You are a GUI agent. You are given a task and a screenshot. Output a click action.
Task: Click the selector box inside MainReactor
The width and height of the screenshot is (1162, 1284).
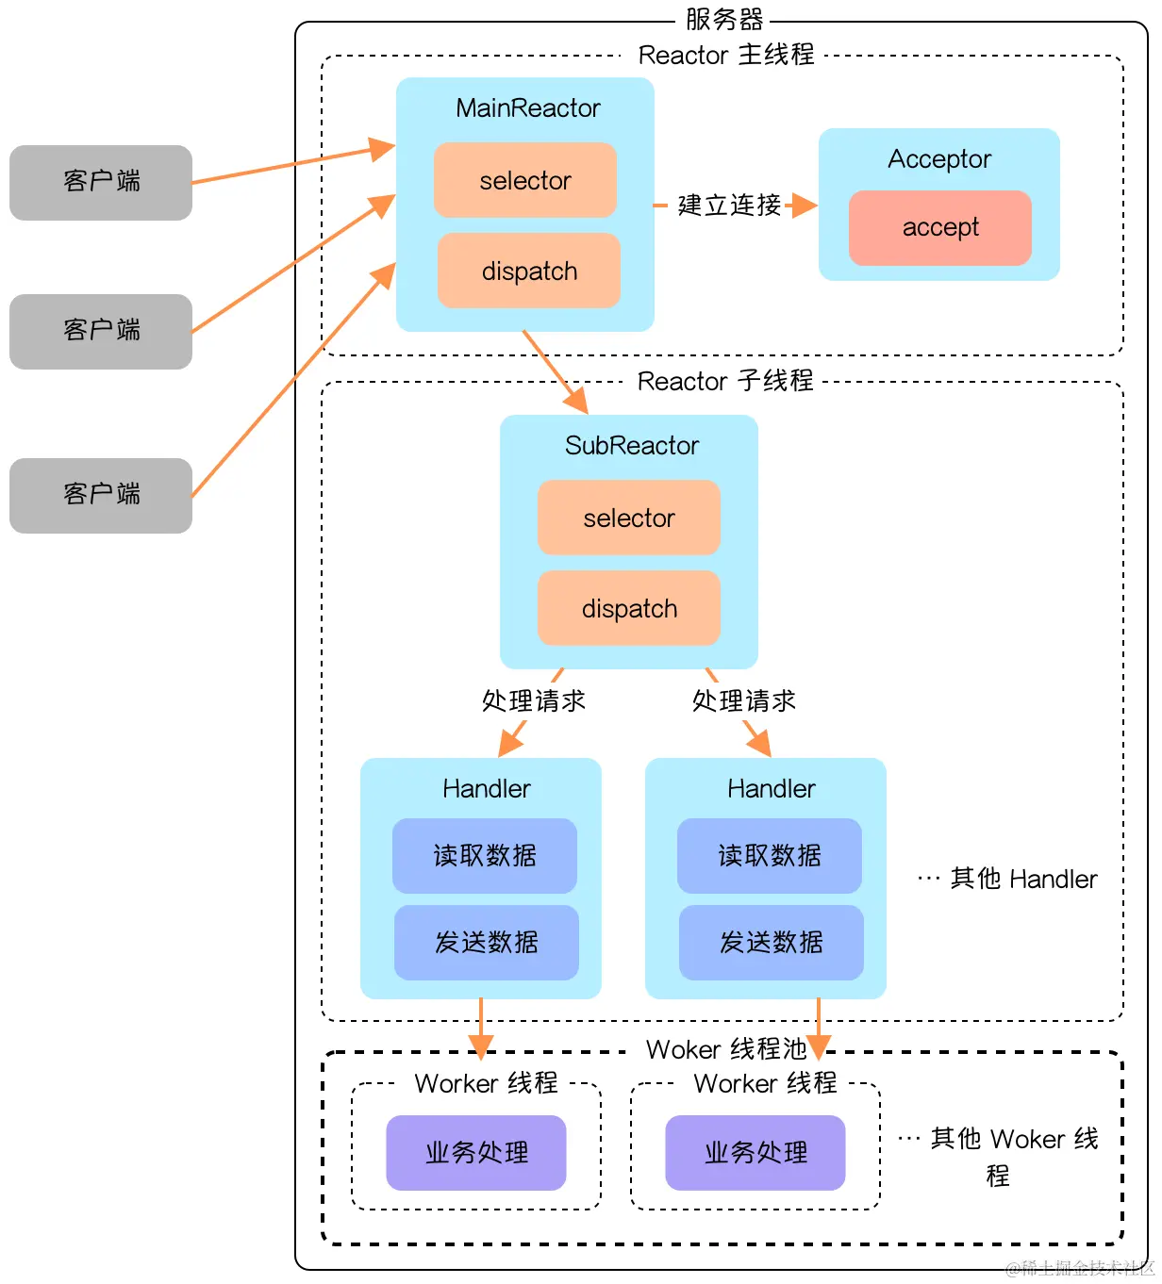click(524, 180)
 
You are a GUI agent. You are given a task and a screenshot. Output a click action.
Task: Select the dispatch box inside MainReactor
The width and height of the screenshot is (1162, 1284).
click(528, 272)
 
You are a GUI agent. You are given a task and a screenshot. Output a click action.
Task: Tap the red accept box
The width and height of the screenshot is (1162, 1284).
click(939, 227)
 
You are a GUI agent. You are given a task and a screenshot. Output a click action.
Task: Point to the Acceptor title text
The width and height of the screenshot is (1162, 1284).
click(939, 158)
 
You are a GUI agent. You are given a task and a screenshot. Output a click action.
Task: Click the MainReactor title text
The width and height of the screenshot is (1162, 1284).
click(527, 108)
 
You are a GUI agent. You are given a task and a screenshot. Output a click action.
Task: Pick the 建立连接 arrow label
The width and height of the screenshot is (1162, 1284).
click(729, 205)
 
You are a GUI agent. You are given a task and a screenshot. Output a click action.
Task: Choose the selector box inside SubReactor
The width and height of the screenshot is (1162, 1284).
click(628, 518)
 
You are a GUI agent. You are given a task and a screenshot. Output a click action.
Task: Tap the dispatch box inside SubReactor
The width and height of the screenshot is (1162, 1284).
click(628, 609)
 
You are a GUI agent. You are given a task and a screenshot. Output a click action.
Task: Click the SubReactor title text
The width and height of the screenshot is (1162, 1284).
click(631, 446)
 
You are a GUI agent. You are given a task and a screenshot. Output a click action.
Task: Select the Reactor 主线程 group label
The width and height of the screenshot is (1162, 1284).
click(725, 55)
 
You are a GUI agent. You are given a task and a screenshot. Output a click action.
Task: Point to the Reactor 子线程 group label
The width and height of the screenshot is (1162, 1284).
click(725, 381)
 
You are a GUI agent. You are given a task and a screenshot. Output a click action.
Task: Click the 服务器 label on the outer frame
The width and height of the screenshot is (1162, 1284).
click(723, 19)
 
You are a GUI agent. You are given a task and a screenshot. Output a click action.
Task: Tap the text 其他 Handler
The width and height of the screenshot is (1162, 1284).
click(1023, 879)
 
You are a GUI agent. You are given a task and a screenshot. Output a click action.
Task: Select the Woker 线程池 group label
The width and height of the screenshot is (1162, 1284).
click(726, 1049)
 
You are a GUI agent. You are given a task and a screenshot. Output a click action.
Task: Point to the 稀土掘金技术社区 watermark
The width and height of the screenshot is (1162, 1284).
click(1080, 1269)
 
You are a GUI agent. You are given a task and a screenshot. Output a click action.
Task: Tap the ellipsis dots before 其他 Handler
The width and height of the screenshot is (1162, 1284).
click(928, 879)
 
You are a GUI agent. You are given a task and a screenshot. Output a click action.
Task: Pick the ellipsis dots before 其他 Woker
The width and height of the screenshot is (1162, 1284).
click(908, 1139)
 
